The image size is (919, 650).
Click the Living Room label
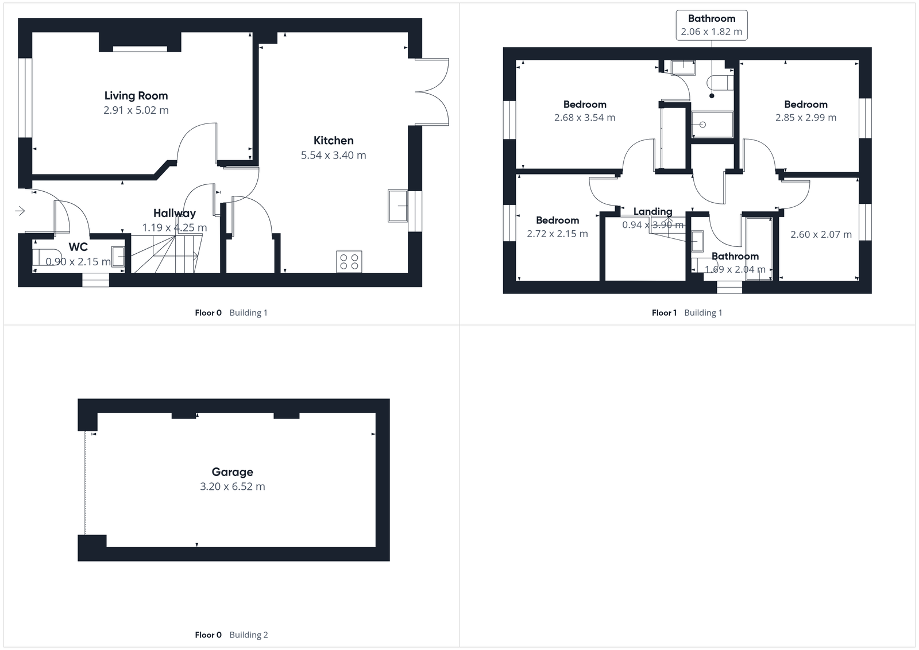[136, 96]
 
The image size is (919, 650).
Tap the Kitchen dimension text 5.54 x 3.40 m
[333, 155]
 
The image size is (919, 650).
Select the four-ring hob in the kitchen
[349, 261]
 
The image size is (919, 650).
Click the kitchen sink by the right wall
[397, 206]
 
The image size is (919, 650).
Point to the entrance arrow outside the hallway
[20, 211]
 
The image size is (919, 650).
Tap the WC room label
[78, 247]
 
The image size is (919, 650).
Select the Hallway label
[175, 214]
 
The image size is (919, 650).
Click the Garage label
[232, 472]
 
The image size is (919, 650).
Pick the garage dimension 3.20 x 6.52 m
[232, 486]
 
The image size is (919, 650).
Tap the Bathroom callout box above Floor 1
[712, 25]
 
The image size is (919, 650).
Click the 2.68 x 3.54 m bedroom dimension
[585, 118]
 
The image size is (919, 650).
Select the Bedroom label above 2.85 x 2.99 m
[806, 105]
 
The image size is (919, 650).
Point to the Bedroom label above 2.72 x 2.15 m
[557, 220]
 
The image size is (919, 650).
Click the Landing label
[652, 212]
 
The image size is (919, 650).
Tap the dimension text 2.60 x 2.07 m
[821, 234]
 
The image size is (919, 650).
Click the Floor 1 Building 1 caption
[687, 313]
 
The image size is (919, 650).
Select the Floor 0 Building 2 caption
[231, 634]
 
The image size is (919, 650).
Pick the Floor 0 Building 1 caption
[231, 313]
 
